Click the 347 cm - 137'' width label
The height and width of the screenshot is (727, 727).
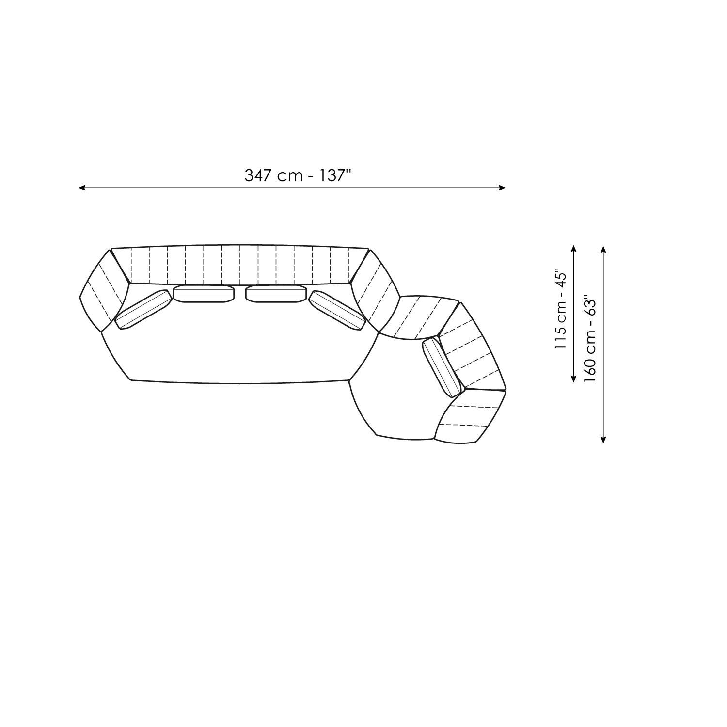pyautogui.click(x=297, y=175)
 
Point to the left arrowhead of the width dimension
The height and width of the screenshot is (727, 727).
pyautogui.click(x=82, y=188)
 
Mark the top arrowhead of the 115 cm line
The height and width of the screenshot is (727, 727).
pyautogui.click(x=573, y=249)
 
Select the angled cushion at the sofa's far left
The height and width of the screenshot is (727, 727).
pyautogui.click(x=143, y=309)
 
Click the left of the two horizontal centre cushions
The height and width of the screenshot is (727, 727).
pyautogui.click(x=204, y=293)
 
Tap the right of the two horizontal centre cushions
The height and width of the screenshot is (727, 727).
pyautogui.click(x=276, y=293)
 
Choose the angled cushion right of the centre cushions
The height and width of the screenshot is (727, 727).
pyautogui.click(x=337, y=310)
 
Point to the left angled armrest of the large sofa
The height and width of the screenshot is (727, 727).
pyautogui.click(x=103, y=291)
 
